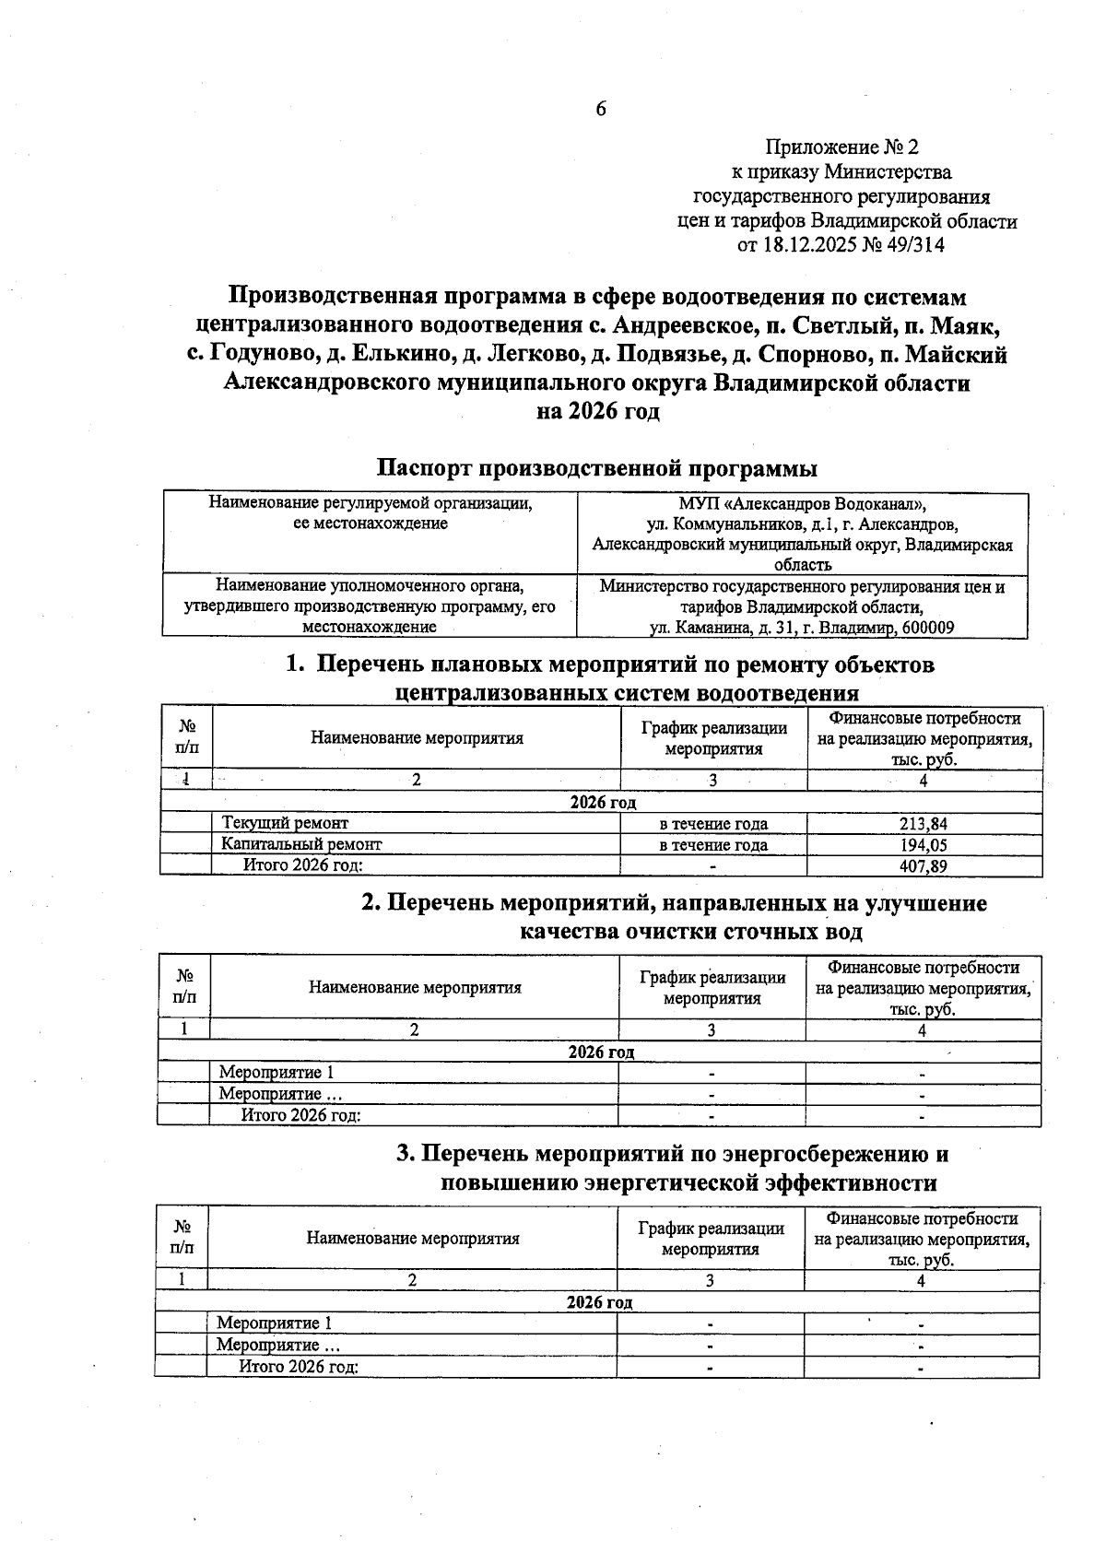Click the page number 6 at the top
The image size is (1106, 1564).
click(x=601, y=109)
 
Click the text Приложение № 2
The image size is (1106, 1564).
click(x=842, y=147)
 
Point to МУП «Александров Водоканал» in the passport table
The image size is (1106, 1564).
click(x=802, y=504)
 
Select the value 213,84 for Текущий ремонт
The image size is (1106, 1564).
click(x=924, y=824)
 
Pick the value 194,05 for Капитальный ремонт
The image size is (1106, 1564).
click(x=924, y=844)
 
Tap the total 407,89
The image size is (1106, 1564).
click(x=924, y=866)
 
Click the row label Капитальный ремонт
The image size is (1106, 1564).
click(x=301, y=844)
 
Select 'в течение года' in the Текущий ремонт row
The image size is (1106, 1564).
click(x=713, y=824)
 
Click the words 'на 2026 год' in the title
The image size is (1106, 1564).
click(x=598, y=411)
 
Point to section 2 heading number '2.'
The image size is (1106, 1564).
click(x=371, y=903)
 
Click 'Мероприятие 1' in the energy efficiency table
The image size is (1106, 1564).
click(x=274, y=1323)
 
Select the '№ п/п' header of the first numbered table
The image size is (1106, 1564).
click(x=187, y=738)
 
